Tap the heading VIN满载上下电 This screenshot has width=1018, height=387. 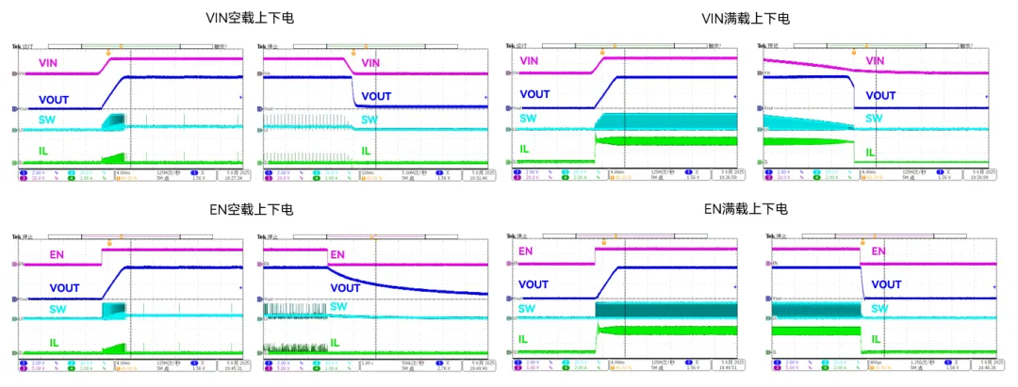[746, 18]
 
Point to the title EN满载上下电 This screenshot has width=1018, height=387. [746, 209]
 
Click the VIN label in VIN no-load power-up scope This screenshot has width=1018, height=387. [51, 63]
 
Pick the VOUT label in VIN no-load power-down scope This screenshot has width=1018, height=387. [376, 96]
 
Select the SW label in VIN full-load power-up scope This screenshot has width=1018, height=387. [528, 119]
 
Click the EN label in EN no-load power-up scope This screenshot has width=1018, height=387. [57, 254]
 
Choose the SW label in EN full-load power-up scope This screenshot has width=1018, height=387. [528, 309]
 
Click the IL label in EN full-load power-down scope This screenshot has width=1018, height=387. [877, 339]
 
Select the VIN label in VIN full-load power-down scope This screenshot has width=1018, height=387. [876, 61]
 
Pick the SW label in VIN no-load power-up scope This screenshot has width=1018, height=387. [47, 119]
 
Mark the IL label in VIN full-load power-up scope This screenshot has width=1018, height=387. [526, 149]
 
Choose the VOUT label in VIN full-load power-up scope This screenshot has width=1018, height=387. [534, 94]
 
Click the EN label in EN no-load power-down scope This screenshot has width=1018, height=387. [337, 254]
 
